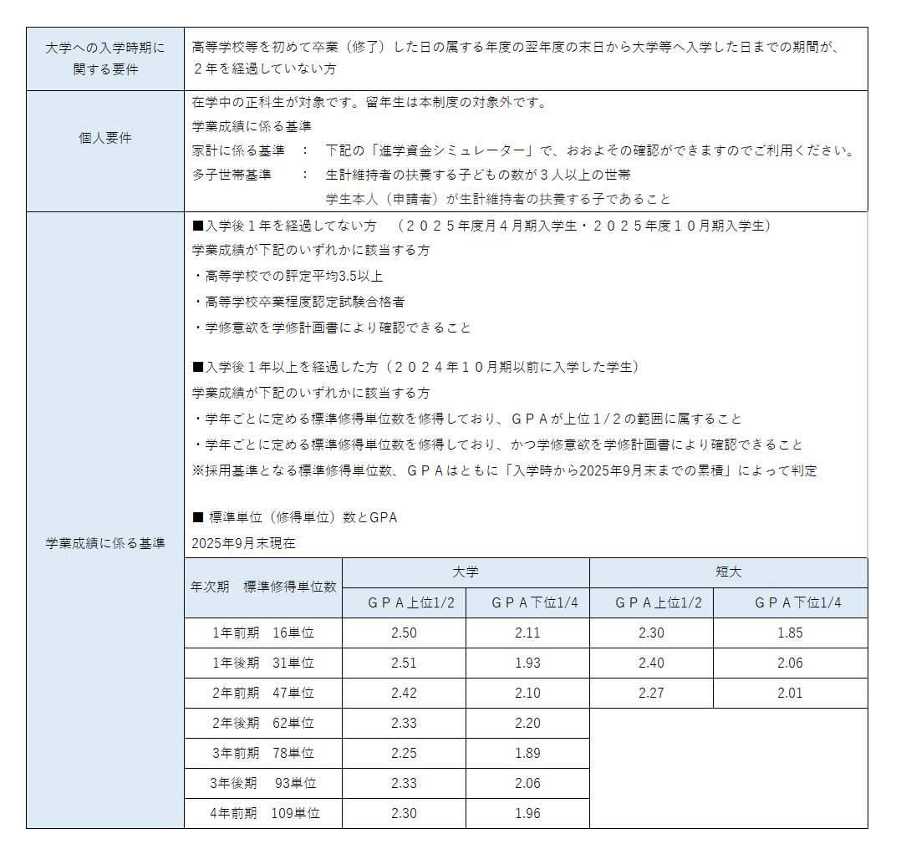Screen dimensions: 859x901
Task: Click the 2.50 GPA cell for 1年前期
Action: pos(404,633)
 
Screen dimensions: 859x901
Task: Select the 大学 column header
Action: pos(466,572)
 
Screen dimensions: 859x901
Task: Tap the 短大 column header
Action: pos(728,572)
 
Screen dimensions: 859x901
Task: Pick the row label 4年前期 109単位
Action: pos(263,813)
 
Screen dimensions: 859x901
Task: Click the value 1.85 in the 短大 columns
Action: pos(790,633)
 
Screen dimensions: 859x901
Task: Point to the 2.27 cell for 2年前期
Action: pos(651,694)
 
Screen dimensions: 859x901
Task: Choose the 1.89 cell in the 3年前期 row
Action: pos(527,754)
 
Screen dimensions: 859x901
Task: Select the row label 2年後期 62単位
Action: pos(263,724)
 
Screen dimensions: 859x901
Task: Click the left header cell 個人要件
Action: pos(104,139)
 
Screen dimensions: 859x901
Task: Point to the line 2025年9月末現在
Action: pos(243,543)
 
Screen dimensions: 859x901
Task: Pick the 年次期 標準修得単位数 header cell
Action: pos(263,587)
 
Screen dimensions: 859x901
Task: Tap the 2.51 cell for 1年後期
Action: pos(404,663)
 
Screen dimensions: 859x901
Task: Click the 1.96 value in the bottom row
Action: pos(527,813)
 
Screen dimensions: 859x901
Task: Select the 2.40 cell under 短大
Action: pos(651,663)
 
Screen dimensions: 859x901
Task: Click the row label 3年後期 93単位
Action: pos(263,784)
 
